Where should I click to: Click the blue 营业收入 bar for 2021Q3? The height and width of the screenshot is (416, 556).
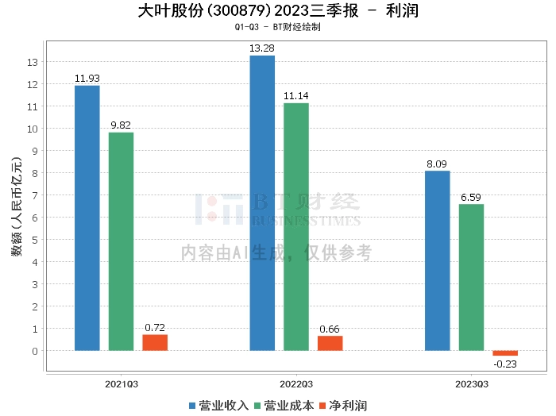[87, 218]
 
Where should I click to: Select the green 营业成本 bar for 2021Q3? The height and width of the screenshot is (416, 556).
[122, 241]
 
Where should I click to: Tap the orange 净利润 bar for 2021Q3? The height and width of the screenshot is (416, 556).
[155, 342]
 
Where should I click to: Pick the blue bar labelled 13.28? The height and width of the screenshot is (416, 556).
[262, 202]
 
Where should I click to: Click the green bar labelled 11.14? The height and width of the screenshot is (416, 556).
[296, 226]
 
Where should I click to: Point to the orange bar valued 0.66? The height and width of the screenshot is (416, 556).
[330, 343]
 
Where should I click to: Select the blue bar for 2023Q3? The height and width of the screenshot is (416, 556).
[438, 260]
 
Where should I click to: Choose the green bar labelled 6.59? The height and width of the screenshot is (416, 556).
[471, 277]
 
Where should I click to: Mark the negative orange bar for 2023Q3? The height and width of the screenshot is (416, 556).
[505, 353]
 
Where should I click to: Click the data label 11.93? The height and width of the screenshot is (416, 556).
[87, 78]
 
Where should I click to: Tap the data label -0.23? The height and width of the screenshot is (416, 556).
[505, 364]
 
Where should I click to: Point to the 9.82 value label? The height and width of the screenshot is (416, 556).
[122, 125]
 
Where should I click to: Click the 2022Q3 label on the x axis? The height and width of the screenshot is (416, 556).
[296, 383]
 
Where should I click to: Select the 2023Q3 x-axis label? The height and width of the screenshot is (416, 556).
[471, 383]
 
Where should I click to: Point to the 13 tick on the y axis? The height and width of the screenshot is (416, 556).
[33, 62]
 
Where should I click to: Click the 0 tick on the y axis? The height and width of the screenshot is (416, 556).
[35, 351]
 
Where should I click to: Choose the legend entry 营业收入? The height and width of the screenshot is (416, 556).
[218, 405]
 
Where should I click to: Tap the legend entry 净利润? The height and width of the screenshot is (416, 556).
[342, 405]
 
